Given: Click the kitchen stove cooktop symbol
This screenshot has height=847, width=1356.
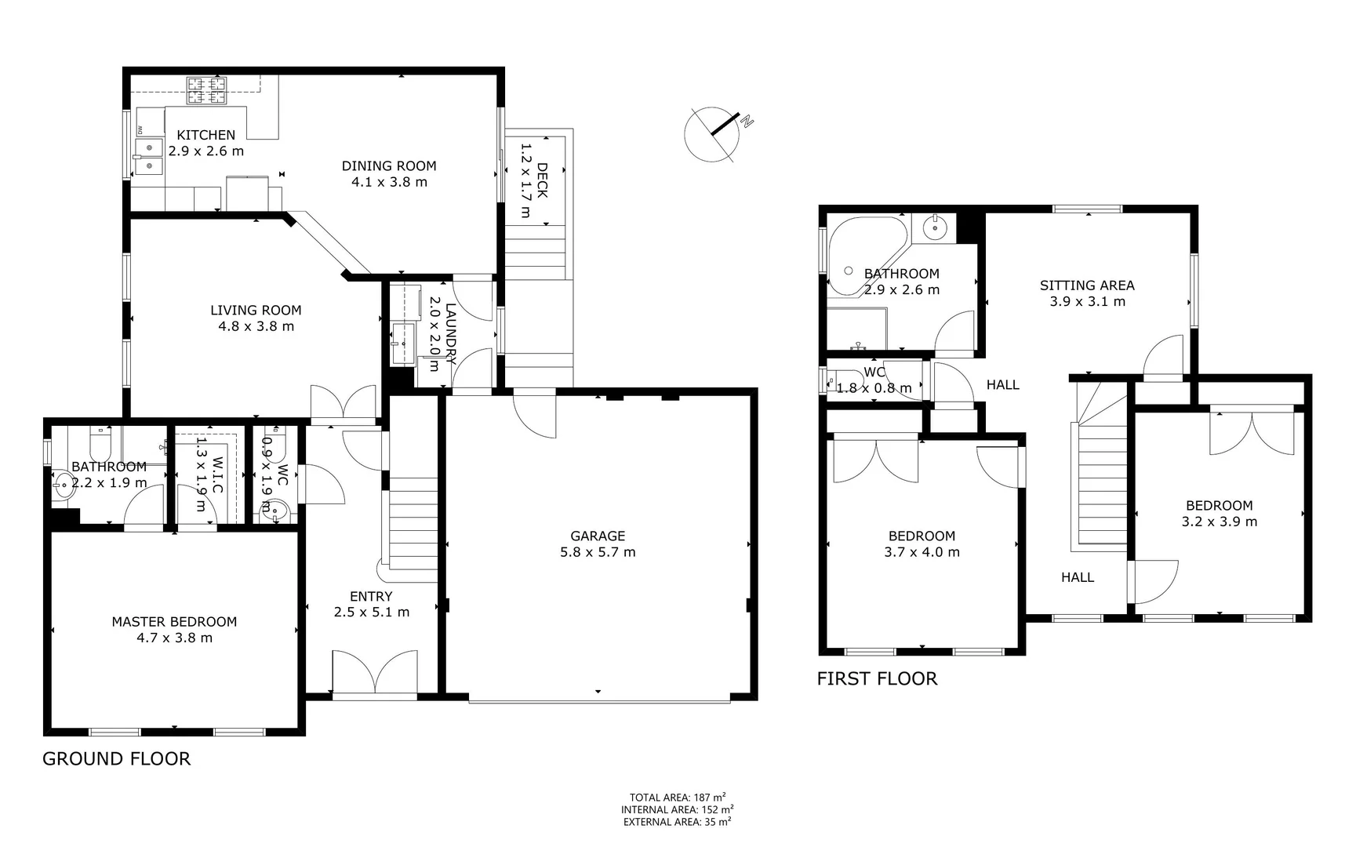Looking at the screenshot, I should click(205, 90).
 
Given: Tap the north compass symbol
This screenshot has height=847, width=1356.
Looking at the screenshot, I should click(714, 133).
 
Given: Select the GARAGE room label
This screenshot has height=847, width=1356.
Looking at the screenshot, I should click(598, 536).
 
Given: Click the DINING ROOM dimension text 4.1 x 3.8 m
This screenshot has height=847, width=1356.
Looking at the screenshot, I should click(389, 182).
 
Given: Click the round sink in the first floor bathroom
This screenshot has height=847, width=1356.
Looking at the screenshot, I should click(935, 227).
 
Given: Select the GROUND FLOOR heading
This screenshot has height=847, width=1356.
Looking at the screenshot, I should click(116, 758).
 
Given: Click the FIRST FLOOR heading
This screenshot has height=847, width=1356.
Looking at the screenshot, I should click(877, 678).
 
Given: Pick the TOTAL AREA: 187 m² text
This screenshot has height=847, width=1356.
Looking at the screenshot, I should click(677, 798).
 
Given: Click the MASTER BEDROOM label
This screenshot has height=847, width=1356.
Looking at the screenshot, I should click(174, 622).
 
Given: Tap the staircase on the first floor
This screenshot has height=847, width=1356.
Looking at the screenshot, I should click(1102, 486).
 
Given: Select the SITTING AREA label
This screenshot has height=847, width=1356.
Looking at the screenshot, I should click(1087, 285).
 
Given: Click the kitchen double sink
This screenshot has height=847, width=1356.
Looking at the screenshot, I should click(148, 156).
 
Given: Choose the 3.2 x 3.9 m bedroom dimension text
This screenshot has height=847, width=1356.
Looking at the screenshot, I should click(1219, 522).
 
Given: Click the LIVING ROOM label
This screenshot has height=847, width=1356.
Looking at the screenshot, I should click(256, 310).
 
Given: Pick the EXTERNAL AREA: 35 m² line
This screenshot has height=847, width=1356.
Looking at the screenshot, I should click(677, 822).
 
